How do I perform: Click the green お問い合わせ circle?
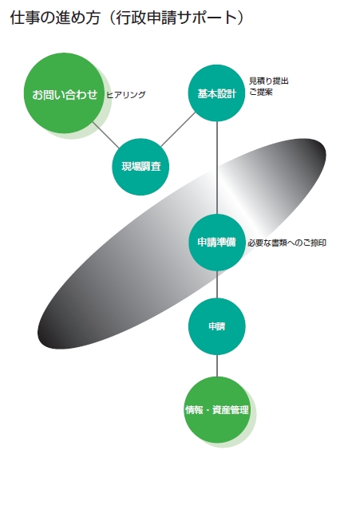point(64,93)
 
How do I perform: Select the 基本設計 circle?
point(216,93)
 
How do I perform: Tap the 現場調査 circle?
point(140,167)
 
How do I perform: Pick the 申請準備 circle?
point(216,243)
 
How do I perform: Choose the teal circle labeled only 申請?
point(216,326)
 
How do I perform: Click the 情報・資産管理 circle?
point(216,409)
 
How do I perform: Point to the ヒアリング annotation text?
point(126,95)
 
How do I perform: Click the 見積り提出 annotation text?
point(269,81)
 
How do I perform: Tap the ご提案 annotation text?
point(261,92)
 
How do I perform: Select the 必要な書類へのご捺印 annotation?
point(287,243)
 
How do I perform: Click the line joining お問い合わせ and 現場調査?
point(106,135)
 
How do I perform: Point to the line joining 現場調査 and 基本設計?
point(178,129)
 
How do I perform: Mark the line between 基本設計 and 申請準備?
point(217,168)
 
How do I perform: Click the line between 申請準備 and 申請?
point(217,284)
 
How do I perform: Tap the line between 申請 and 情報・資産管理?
point(217,366)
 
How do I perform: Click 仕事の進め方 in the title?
point(55,18)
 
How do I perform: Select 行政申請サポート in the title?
point(176,18)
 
